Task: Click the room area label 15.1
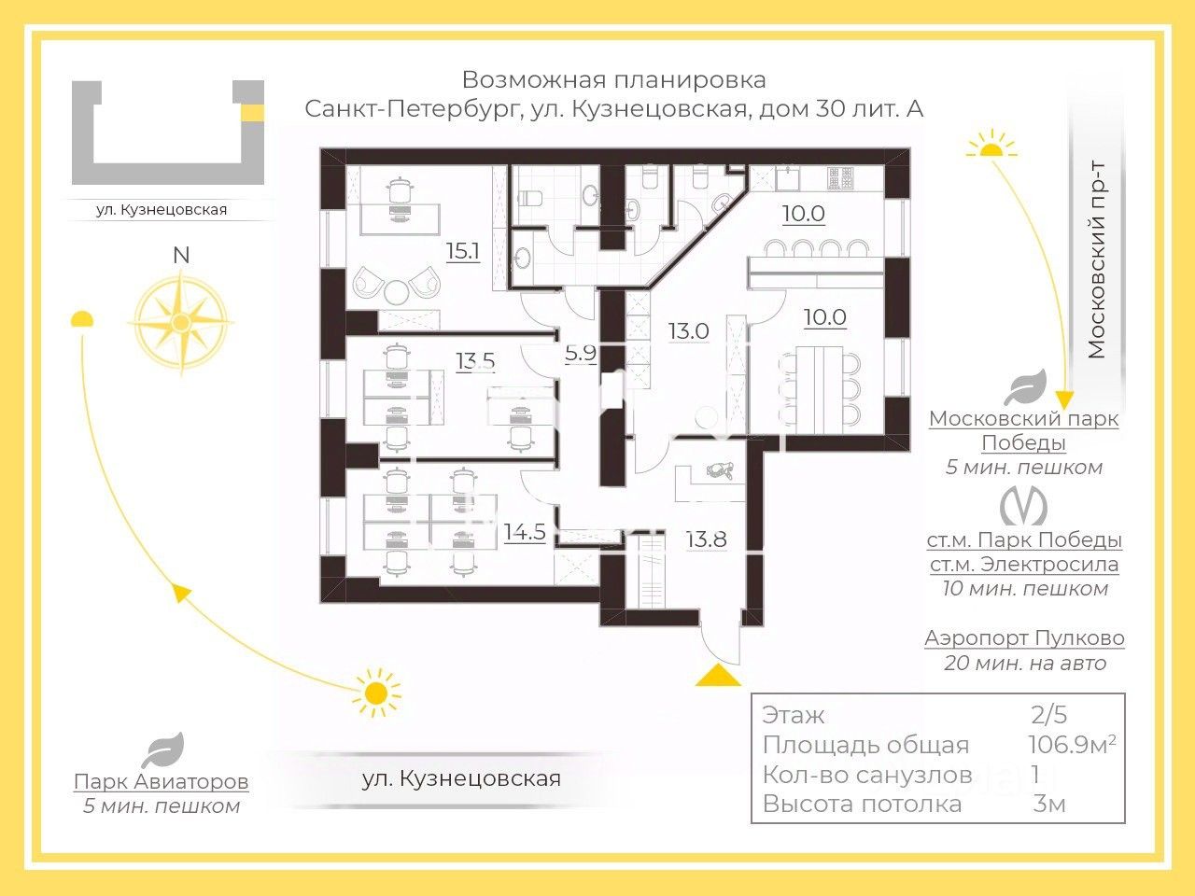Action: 463,251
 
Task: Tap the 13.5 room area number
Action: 475,360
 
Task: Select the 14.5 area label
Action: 525,531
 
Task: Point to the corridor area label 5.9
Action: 581,353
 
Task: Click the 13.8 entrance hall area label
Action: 706,539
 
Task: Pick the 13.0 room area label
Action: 689,330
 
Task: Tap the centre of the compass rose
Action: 181,322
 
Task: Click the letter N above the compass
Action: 181,255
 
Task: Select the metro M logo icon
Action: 1023,506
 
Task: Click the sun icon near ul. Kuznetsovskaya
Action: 376,693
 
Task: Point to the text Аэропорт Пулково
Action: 1024,637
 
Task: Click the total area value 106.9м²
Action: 1072,745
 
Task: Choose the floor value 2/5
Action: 1048,715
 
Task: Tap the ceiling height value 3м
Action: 1049,804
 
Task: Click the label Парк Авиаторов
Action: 162,781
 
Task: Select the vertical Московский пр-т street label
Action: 1096,259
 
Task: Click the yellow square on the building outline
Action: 253,113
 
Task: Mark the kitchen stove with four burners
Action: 840,178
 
